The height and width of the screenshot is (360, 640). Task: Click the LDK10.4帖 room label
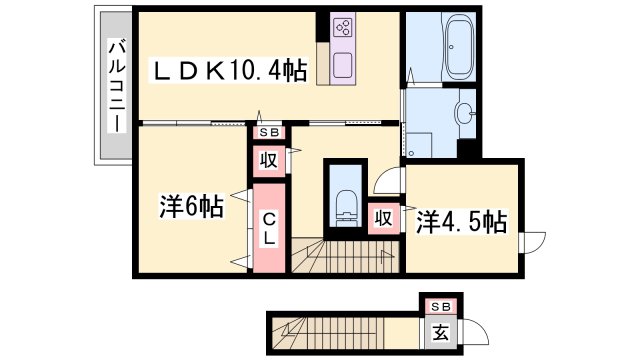coord(230,71)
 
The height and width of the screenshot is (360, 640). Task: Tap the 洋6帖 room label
coord(191,207)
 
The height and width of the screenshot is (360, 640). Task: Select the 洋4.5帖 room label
coord(462,222)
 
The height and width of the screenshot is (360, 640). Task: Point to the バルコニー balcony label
coord(116,86)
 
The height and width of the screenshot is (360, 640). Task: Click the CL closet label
coord(269,229)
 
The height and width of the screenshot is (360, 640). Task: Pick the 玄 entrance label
coord(440,332)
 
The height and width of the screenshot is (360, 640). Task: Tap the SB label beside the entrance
coord(441,307)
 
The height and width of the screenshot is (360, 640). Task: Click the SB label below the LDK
coord(269,132)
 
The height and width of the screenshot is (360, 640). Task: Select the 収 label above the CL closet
coord(269,160)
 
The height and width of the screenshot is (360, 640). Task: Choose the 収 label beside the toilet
coord(384,219)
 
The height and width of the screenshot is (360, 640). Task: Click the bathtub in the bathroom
coord(460,47)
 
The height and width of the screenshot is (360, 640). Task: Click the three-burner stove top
coord(343,27)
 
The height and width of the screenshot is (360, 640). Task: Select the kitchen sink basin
coord(342,65)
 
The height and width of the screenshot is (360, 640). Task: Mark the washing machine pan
coord(418,145)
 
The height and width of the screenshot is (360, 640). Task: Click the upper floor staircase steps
coord(345,256)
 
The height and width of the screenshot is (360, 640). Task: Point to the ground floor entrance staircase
coord(328,333)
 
